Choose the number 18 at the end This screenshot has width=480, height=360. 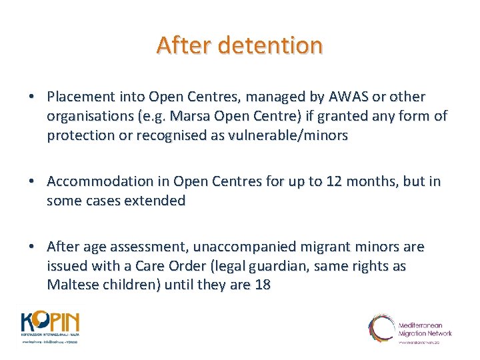[x=262, y=285]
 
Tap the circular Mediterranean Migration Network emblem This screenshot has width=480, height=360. [x=382, y=328]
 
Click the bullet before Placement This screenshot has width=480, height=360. [x=32, y=97]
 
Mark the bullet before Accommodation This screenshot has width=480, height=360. [x=32, y=181]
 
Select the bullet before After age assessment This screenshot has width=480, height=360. [x=32, y=247]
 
